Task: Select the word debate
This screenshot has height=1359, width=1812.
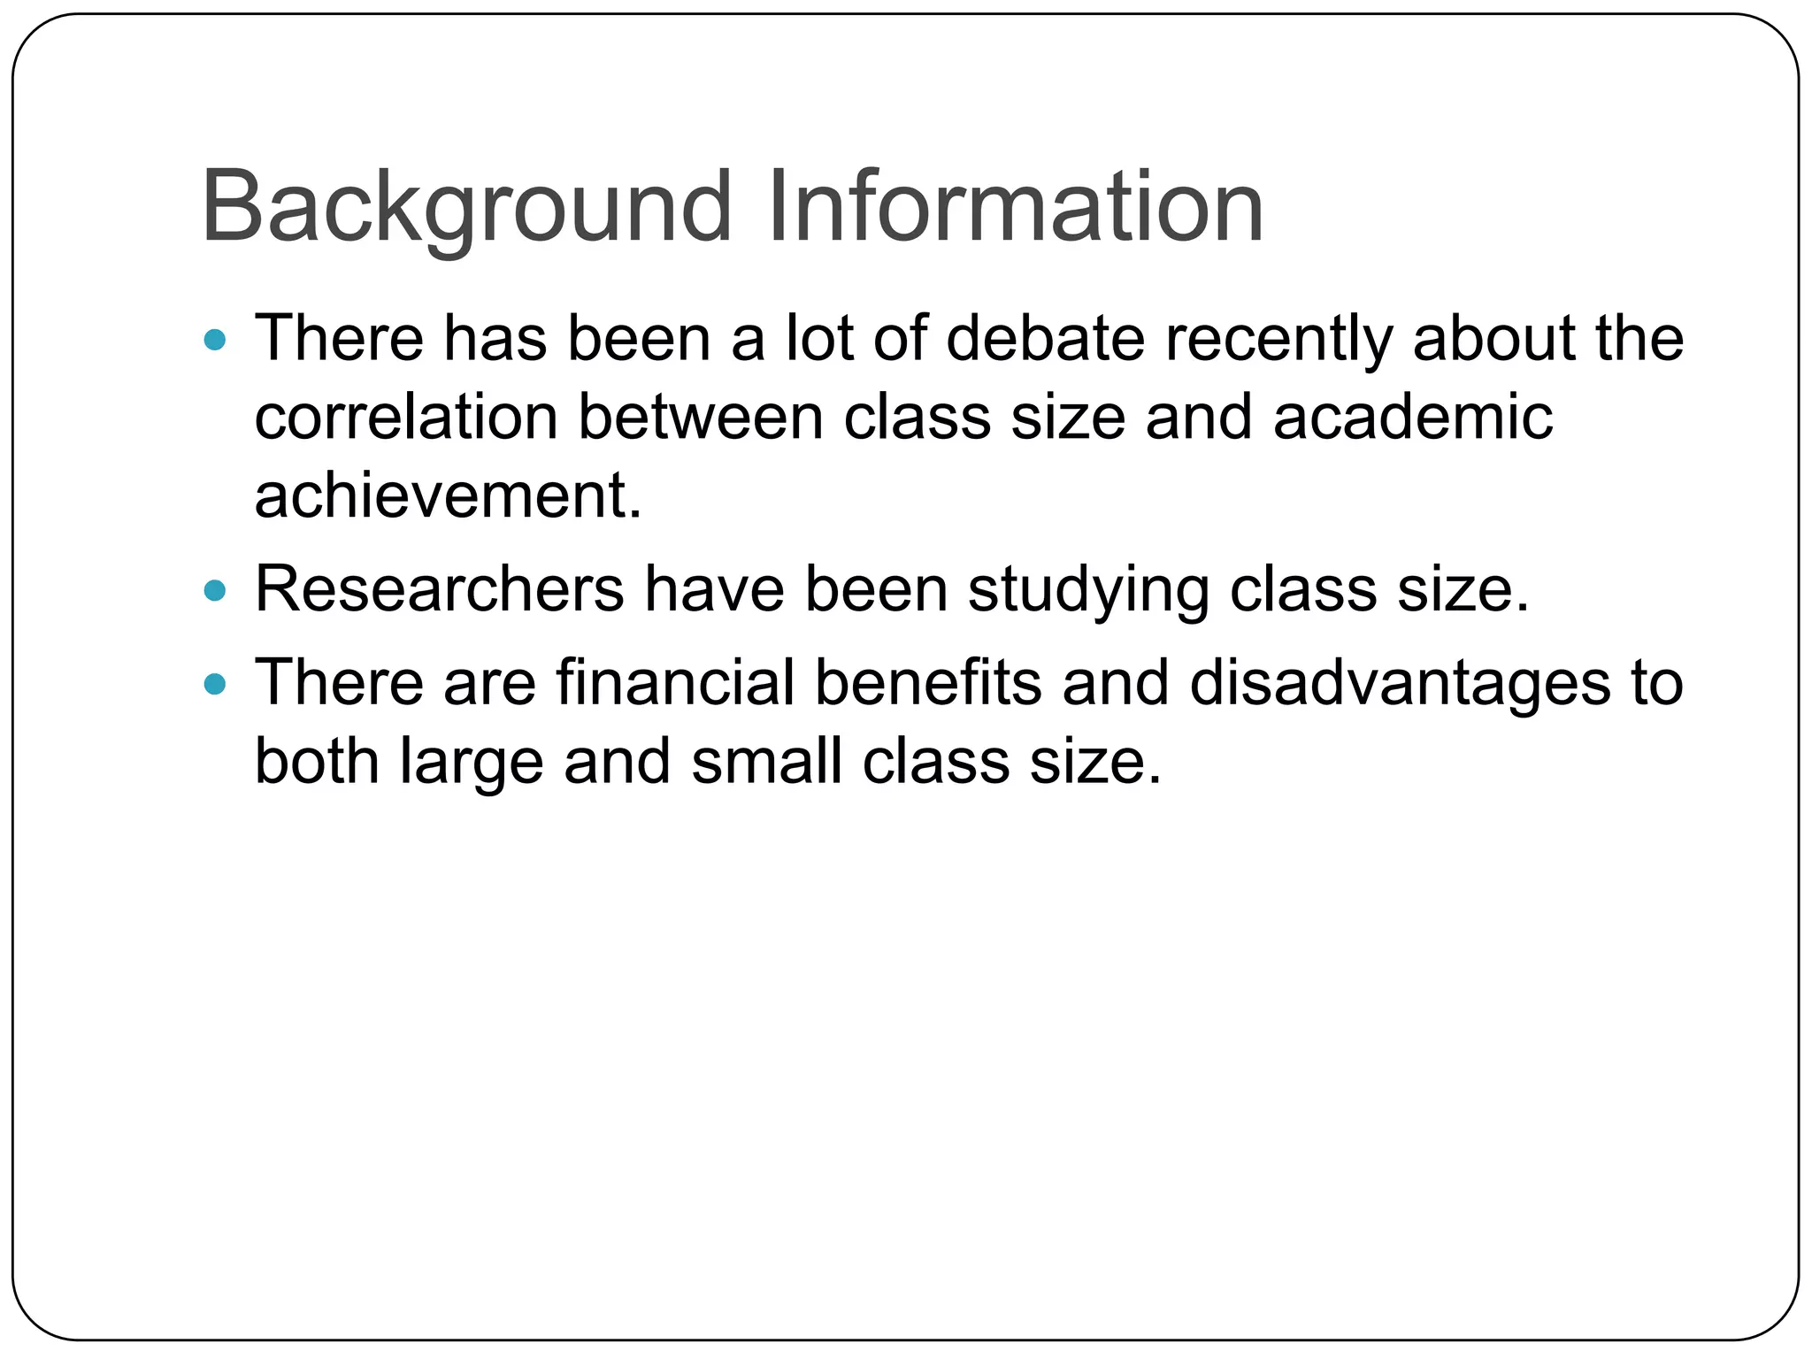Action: click(x=1045, y=339)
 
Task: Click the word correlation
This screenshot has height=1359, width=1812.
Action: click(x=405, y=417)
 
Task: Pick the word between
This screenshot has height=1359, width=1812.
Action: click(x=700, y=417)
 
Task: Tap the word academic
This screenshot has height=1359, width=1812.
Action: click(x=1412, y=417)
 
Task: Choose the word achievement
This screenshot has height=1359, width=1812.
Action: click(x=447, y=495)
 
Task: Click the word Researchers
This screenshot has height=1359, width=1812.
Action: click(x=439, y=589)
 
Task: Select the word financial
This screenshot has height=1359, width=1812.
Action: click(x=675, y=683)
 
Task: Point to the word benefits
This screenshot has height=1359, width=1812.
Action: click(x=927, y=683)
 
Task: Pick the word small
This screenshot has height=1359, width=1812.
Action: click(x=765, y=761)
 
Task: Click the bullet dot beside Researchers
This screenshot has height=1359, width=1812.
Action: click(x=215, y=590)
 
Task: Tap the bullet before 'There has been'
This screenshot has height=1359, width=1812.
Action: click(x=215, y=340)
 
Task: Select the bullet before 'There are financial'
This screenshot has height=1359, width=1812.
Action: click(x=215, y=684)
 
